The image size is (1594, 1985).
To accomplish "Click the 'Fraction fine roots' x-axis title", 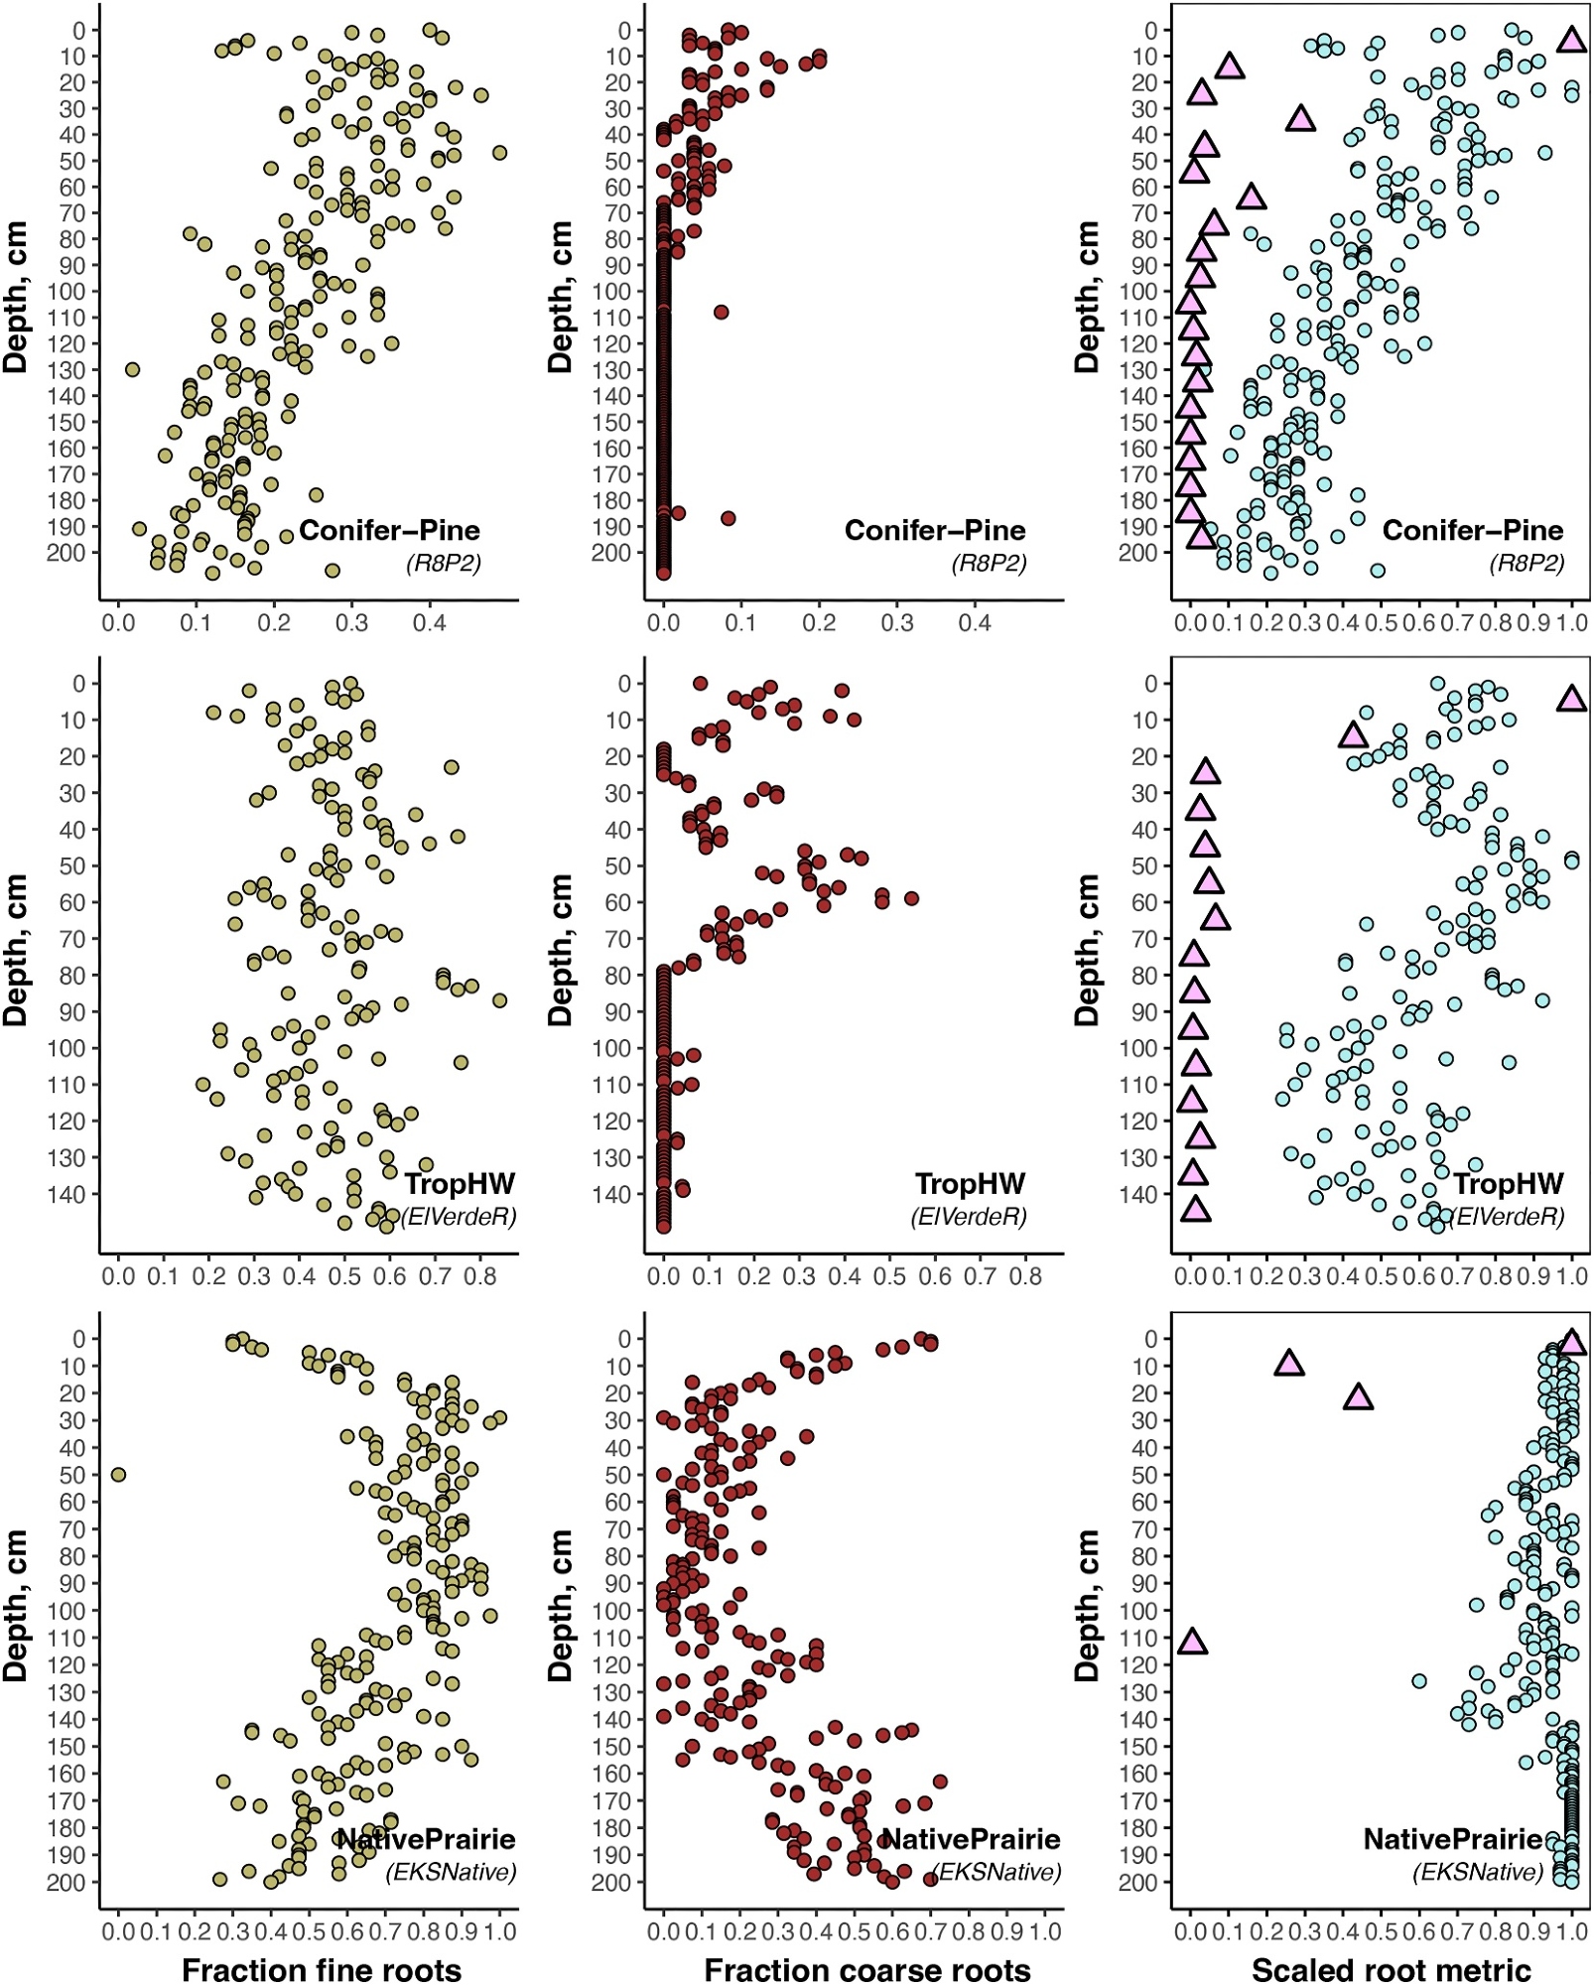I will (322, 1969).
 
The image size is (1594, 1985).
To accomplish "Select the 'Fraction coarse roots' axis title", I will (866, 1969).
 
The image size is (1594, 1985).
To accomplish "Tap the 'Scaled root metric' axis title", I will (1391, 1969).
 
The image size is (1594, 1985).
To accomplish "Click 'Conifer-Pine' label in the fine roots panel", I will (389, 530).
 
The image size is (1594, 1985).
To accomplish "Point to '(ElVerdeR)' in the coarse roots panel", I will (969, 1216).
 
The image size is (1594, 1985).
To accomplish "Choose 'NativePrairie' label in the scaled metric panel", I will (1452, 1839).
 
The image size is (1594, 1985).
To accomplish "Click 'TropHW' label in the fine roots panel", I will (460, 1183).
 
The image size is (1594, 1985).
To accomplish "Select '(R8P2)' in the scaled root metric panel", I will (1527, 564).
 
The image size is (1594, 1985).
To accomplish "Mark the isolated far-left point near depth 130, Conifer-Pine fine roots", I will (132, 369).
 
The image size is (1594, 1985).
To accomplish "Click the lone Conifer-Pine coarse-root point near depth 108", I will (722, 312).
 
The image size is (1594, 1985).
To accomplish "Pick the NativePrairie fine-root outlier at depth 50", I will (118, 1475).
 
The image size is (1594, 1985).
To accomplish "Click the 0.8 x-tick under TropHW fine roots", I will (480, 1275).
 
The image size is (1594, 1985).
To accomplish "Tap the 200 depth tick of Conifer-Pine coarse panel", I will (611, 553).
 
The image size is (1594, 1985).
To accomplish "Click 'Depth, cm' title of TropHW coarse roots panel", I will (561, 950).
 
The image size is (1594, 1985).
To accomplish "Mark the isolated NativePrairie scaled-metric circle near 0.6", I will (1419, 1681).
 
